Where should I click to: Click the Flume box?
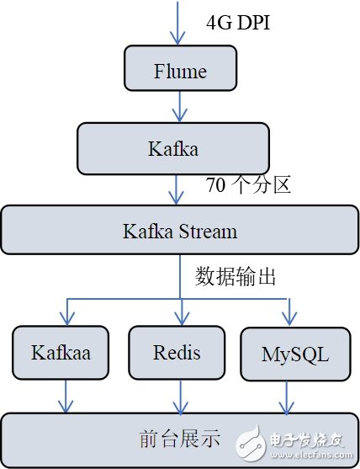point(179,68)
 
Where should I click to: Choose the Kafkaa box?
point(61,352)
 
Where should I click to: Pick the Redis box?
point(177,351)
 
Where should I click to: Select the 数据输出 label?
point(235,276)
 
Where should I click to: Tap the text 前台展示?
point(179,438)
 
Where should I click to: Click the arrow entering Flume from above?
point(177,24)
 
